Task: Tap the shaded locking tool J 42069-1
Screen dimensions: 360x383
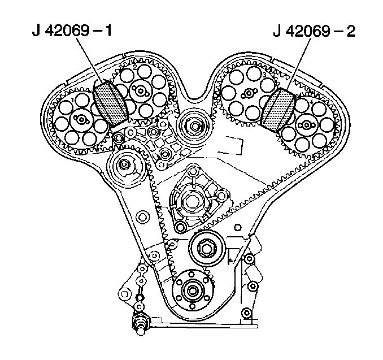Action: click(110, 103)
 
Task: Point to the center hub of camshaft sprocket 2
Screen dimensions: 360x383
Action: click(139, 90)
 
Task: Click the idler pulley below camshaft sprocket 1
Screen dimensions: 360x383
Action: click(124, 166)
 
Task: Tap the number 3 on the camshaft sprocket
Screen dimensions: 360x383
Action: click(263, 74)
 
